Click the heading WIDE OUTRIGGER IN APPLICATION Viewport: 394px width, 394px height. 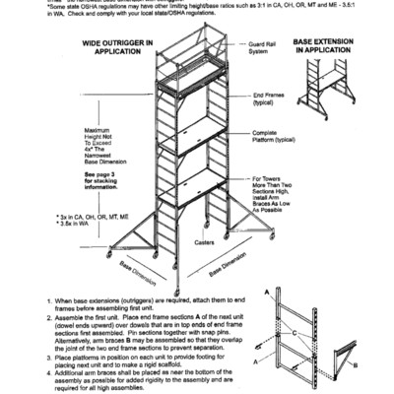116,48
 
